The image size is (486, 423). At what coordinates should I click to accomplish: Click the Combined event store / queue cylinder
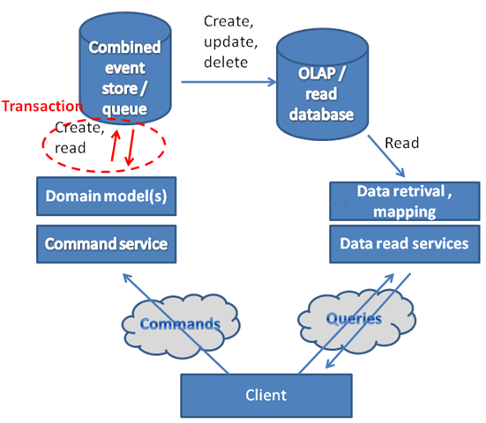[125, 68]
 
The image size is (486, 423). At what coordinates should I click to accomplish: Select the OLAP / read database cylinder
[322, 85]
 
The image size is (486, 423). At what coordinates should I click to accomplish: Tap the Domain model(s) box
[107, 197]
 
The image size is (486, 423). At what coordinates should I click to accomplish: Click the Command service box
[107, 244]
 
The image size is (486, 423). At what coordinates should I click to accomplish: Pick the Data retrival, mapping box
[405, 201]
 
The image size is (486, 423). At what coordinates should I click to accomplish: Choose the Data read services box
[405, 244]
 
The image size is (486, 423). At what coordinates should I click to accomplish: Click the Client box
[266, 396]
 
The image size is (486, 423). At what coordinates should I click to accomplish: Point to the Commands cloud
[181, 326]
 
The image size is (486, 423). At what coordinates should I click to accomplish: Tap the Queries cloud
[356, 321]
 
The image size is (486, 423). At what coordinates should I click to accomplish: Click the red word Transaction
[42, 107]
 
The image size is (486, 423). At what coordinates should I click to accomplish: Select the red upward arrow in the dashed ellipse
[115, 145]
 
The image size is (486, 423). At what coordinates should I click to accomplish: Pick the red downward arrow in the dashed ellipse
[131, 147]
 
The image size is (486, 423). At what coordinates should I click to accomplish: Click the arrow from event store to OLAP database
[228, 82]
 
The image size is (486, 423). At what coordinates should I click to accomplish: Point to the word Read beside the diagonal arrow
[401, 143]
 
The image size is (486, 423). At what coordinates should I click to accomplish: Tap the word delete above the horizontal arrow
[226, 63]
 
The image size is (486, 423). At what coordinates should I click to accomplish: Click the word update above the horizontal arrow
[231, 42]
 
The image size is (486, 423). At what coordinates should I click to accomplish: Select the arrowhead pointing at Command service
[126, 278]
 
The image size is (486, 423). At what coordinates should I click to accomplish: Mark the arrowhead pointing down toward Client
[329, 364]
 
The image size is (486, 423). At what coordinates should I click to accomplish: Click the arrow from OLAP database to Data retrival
[386, 156]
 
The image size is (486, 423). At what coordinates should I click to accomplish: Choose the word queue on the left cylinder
[124, 109]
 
